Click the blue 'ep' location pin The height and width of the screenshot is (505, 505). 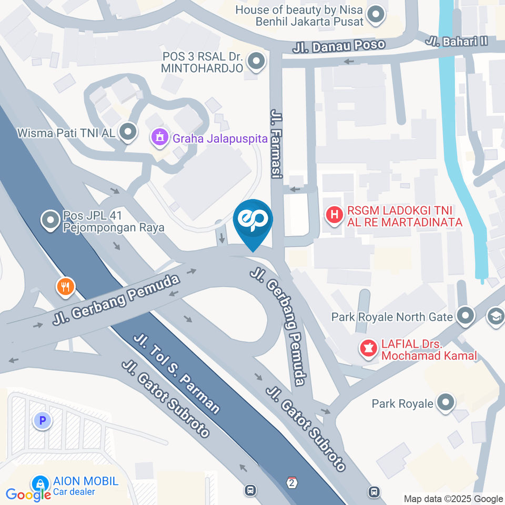pos(253,221)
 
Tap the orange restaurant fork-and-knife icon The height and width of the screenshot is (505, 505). pos(66,287)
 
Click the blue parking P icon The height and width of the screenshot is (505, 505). pos(43,420)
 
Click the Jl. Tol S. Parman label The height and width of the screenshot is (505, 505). pos(176,373)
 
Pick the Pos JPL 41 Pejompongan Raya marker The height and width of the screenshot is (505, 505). pos(50,221)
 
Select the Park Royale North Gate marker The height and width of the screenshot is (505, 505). pos(465,317)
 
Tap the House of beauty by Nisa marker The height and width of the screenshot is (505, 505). pos(376,15)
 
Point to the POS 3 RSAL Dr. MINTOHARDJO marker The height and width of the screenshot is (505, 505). pos(256,62)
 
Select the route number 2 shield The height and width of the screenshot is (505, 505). pos(292,482)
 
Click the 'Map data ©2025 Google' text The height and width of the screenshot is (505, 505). pos(453,499)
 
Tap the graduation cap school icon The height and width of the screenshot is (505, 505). pos(496,316)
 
